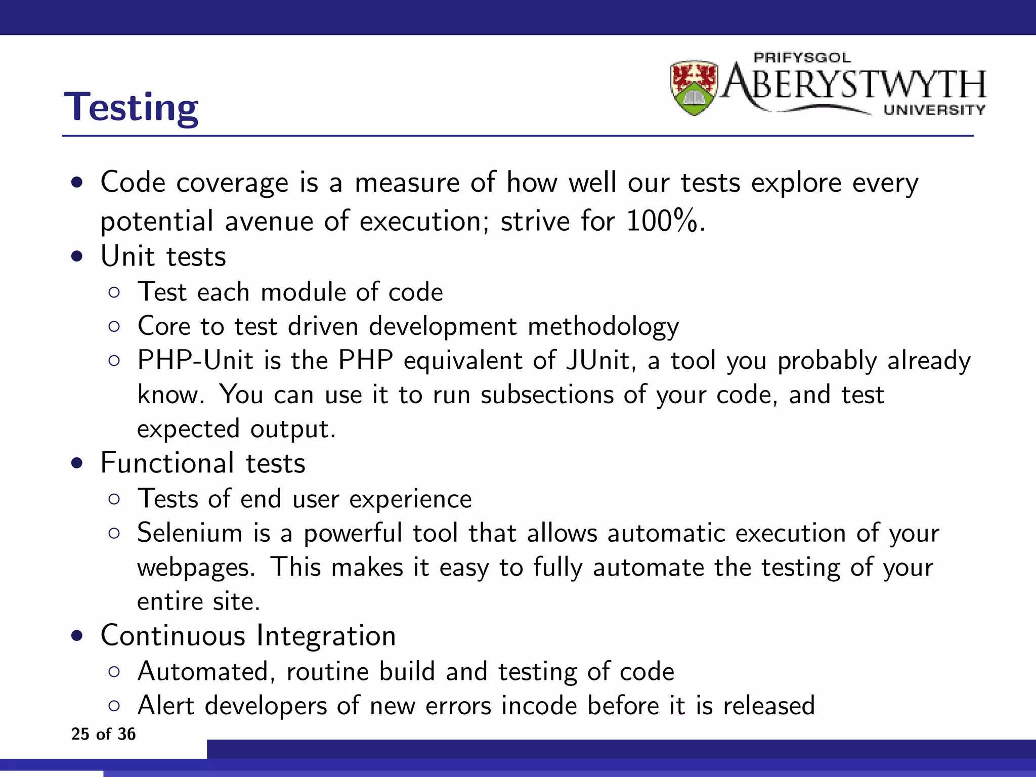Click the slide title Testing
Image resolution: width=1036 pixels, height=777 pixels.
click(131, 107)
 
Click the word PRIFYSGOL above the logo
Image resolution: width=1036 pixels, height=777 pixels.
click(802, 58)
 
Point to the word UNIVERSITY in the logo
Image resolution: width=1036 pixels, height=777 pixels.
click(934, 110)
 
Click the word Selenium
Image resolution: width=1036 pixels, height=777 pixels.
click(190, 533)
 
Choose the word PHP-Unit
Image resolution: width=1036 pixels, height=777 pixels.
click(195, 361)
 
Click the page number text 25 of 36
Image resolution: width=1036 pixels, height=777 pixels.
click(103, 734)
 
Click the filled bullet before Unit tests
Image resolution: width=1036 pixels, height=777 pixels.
click(77, 256)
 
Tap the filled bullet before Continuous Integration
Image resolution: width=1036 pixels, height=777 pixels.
click(77, 636)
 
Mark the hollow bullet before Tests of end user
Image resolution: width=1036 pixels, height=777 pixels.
click(114, 499)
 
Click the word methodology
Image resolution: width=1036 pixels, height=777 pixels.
click(603, 327)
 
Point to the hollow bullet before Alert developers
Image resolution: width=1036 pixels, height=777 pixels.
click(114, 706)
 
